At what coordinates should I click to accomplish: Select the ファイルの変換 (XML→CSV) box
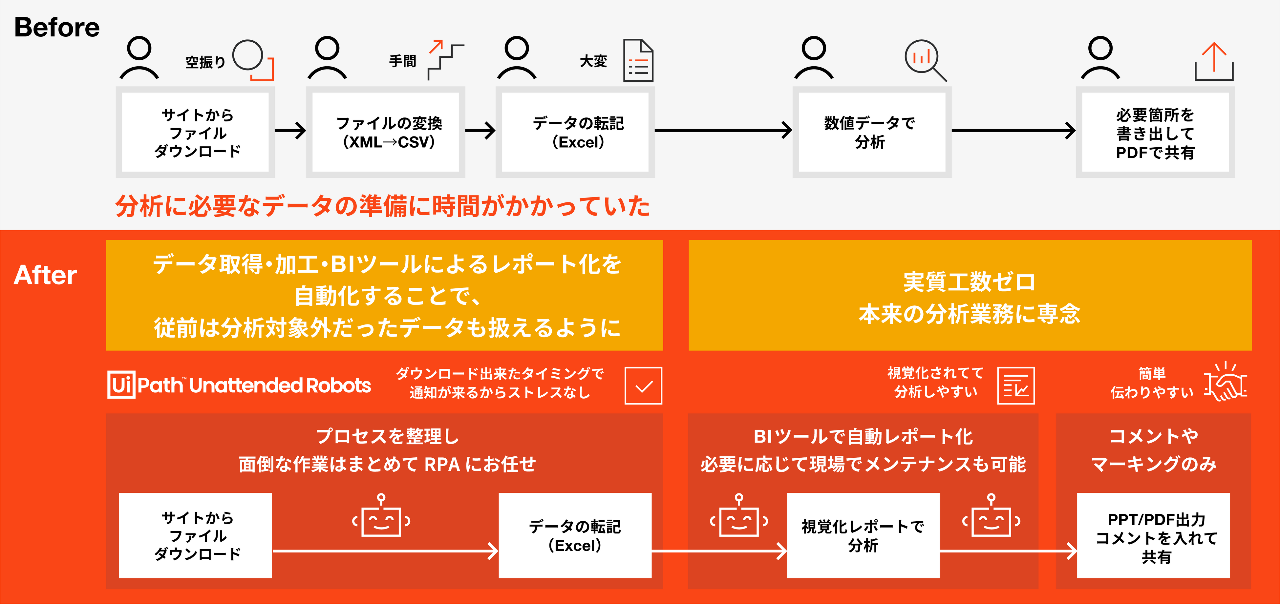click(386, 132)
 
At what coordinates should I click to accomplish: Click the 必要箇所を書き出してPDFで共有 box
click(1155, 132)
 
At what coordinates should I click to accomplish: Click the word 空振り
click(205, 62)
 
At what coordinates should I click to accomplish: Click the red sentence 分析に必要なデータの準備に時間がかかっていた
click(383, 206)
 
